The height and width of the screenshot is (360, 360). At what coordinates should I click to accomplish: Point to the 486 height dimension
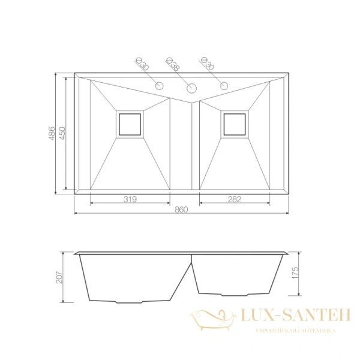52,132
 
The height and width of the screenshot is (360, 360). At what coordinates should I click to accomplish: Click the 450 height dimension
62,132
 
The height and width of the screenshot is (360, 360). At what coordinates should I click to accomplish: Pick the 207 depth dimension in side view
59,275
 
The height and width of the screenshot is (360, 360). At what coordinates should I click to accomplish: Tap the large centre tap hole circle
192,89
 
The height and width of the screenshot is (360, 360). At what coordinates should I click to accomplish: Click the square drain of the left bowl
130,124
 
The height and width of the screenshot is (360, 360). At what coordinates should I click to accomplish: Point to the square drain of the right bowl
234,124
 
